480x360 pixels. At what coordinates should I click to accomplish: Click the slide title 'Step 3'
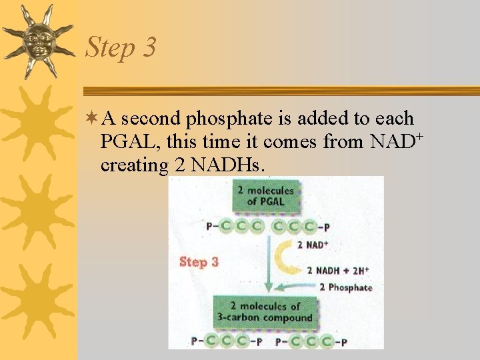[x=121, y=47]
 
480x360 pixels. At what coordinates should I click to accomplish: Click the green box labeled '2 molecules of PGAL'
[x=265, y=197]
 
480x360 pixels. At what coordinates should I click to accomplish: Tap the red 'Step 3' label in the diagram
[x=199, y=262]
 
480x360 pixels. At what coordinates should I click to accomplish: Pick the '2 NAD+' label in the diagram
[x=313, y=245]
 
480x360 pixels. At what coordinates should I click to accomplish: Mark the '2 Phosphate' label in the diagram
[x=345, y=287]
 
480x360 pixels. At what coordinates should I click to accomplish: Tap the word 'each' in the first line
[x=395, y=119]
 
